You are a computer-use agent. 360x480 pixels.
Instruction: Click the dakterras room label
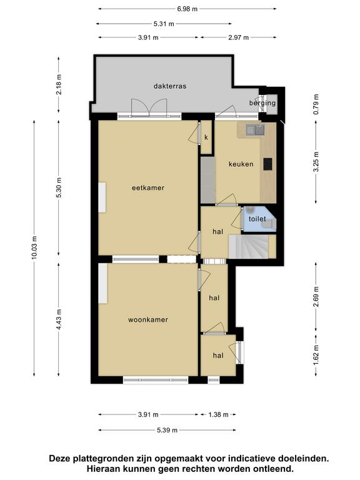pyautogui.click(x=170, y=86)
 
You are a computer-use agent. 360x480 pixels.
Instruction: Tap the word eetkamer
pyautogui.click(x=148, y=187)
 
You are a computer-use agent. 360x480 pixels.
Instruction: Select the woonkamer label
pyautogui.click(x=148, y=319)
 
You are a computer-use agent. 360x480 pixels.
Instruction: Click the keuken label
pyautogui.click(x=241, y=164)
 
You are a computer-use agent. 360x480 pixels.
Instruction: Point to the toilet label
pyautogui.click(x=257, y=219)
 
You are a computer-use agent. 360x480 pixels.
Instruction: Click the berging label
pyautogui.click(x=262, y=103)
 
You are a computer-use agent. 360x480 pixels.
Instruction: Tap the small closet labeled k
pyautogui.click(x=206, y=137)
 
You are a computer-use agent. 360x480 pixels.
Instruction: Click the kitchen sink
pyautogui.click(x=255, y=130)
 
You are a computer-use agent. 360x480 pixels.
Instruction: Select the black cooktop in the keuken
pyautogui.click(x=268, y=164)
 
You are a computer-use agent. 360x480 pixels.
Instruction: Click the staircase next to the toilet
pyautogui.click(x=249, y=246)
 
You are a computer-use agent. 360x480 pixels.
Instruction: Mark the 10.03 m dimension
pyautogui.click(x=34, y=248)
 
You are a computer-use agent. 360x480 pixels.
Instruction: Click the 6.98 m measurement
pyautogui.click(x=187, y=9)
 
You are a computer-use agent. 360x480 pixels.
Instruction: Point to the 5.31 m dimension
pyautogui.click(x=164, y=24)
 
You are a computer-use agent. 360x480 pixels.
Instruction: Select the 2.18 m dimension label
pyautogui.click(x=59, y=84)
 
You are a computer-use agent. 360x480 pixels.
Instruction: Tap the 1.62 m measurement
pyautogui.click(x=316, y=355)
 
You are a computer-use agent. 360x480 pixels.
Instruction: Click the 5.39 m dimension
pyautogui.click(x=167, y=430)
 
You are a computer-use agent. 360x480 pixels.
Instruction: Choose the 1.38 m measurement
pyautogui.click(x=218, y=415)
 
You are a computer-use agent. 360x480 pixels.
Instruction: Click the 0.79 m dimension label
pyautogui.click(x=316, y=104)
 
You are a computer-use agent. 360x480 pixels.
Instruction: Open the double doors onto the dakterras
pyautogui.click(x=149, y=107)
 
